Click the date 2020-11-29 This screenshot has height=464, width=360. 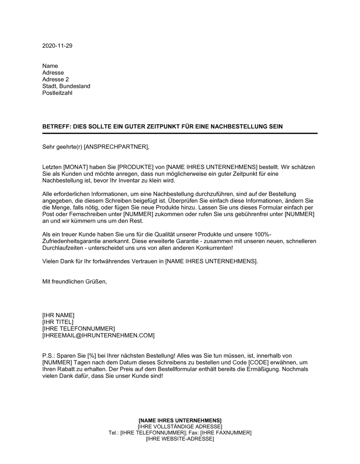pos(57,46)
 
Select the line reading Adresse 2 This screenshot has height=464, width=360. pos(55,79)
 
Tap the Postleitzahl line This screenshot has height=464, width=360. pos(57,93)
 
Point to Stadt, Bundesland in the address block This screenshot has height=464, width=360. pos(66,86)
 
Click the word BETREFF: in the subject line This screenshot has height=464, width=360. pos(57,127)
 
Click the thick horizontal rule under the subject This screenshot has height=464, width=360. pos(180,133)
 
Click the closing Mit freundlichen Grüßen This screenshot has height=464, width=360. pos(75,282)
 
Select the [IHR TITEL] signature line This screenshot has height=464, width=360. pos(58,322)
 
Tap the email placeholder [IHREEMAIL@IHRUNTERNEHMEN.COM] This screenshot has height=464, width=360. pos(98,336)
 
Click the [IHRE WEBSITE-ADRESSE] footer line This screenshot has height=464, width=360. pos(180,439)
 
